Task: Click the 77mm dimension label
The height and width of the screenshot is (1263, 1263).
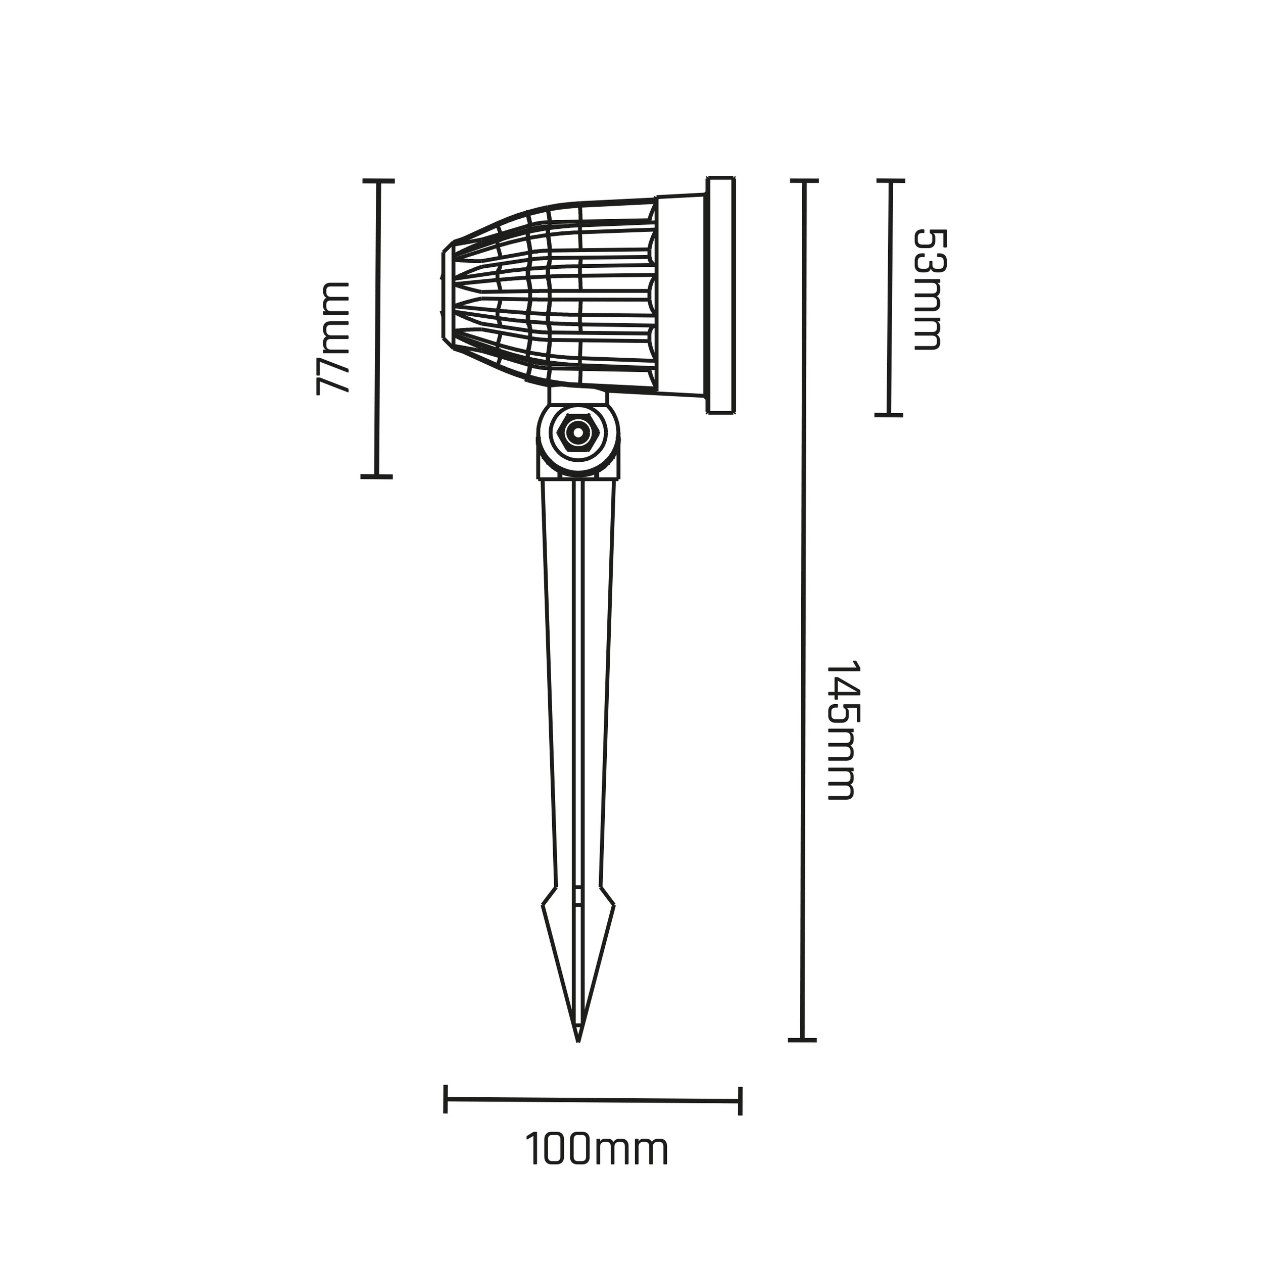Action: click(333, 338)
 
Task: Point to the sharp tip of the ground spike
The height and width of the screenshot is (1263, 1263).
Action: click(578, 1060)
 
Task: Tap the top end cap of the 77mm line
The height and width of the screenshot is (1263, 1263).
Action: click(378, 180)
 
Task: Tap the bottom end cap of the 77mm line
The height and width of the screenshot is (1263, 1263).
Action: click(376, 476)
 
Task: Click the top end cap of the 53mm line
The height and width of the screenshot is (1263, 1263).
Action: click(890, 180)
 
